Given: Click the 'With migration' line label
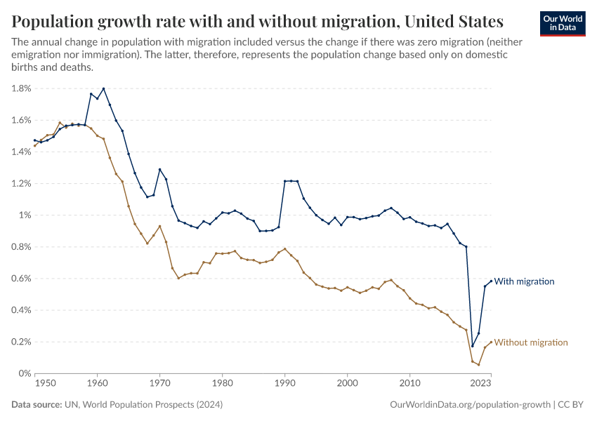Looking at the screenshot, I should (524, 281).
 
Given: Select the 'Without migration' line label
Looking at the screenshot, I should (530, 342).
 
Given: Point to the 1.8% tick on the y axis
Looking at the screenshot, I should (21, 88).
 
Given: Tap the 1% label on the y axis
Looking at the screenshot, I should (25, 215).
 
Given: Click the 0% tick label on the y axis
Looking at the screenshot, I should (25, 373).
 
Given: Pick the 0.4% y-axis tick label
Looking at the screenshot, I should (21, 310).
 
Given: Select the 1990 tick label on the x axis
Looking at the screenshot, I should (284, 384).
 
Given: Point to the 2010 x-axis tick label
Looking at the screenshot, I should (409, 384).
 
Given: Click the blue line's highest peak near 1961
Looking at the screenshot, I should (103, 88).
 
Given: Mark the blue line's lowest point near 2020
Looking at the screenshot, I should (472, 346).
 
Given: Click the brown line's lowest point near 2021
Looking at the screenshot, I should (478, 365).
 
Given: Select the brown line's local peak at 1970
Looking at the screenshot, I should (159, 226).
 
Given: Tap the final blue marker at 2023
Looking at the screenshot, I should (491, 281).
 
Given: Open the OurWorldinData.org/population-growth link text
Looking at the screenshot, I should (468, 405).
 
